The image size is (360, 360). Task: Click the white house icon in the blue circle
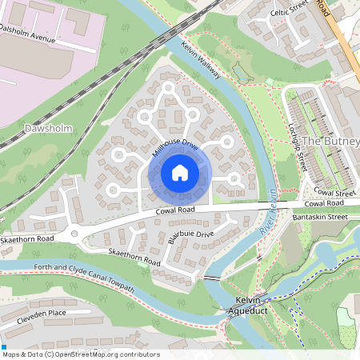point(180,172)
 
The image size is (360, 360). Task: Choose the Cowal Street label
point(334,193)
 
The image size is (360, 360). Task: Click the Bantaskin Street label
point(321,217)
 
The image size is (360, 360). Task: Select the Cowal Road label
point(176,210)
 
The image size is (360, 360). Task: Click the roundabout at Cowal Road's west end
point(76,234)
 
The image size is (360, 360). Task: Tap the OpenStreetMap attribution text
point(80,354)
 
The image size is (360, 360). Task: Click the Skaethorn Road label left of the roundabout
point(26,238)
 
